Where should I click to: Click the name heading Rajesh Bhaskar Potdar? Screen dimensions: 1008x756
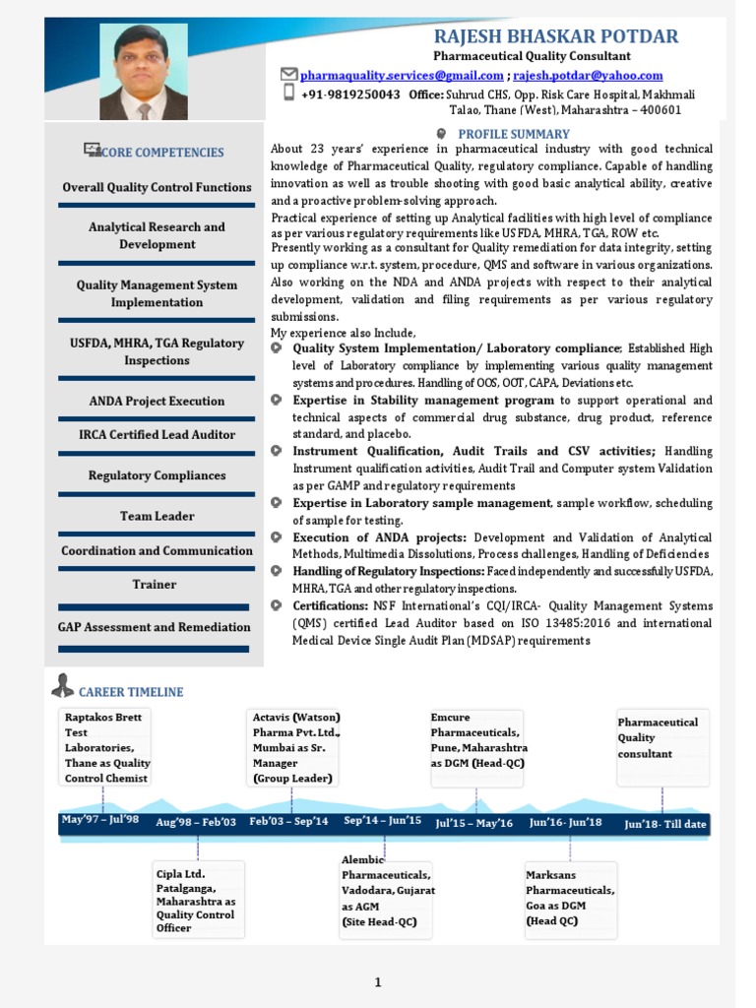[555, 37]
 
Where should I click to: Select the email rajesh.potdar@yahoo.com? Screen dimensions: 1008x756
[588, 75]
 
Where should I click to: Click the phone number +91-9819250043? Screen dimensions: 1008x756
[350, 94]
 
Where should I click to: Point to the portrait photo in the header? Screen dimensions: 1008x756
[143, 73]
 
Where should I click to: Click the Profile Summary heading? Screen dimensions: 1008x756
[514, 134]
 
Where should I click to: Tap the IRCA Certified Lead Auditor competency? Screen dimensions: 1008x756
[157, 434]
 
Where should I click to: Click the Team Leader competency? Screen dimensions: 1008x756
[157, 516]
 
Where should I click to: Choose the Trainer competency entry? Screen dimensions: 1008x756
[155, 584]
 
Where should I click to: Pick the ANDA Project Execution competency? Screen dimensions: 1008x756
[157, 401]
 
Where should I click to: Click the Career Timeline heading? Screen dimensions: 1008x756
[131, 692]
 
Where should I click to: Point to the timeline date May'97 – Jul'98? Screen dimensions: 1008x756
[99, 820]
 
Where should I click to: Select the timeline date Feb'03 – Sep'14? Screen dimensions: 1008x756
[288, 821]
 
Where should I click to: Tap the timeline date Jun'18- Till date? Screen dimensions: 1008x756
[665, 824]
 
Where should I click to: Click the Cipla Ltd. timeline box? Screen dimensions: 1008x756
[198, 900]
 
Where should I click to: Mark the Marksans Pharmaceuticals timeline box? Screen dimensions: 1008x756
[570, 898]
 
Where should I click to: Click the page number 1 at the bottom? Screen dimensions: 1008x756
[377, 981]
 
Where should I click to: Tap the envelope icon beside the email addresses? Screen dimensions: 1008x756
[288, 74]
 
